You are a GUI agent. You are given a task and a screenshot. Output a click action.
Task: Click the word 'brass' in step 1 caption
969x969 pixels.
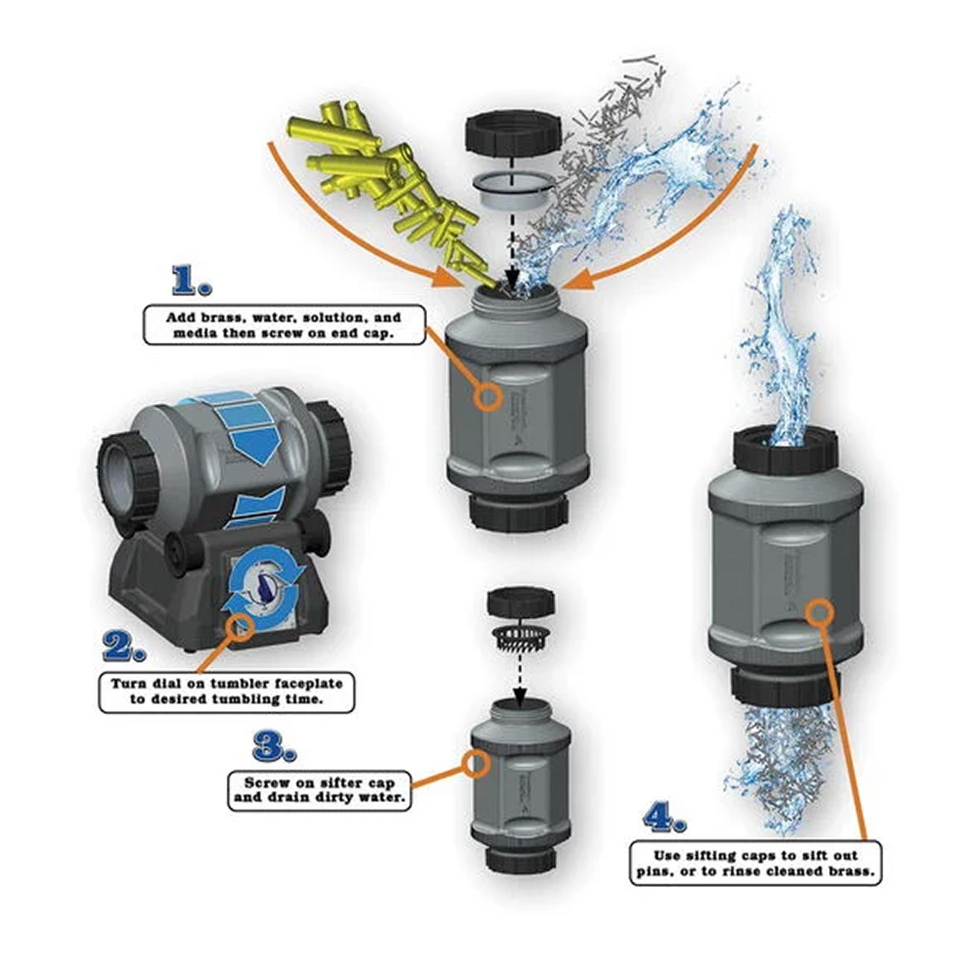(x=224, y=316)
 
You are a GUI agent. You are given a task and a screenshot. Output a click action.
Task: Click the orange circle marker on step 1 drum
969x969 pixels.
(x=487, y=397)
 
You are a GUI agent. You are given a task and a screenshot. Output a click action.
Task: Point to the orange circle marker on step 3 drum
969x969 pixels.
(x=476, y=762)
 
